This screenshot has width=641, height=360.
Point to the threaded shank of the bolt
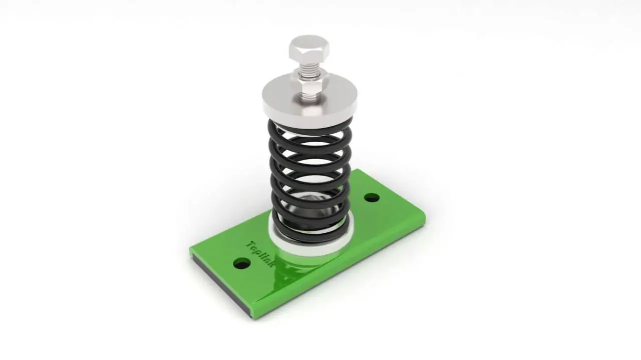tap(309, 73)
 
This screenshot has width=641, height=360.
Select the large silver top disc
tap(309, 100)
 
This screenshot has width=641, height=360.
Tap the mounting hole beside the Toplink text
tap(242, 263)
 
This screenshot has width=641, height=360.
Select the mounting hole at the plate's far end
tap(372, 197)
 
